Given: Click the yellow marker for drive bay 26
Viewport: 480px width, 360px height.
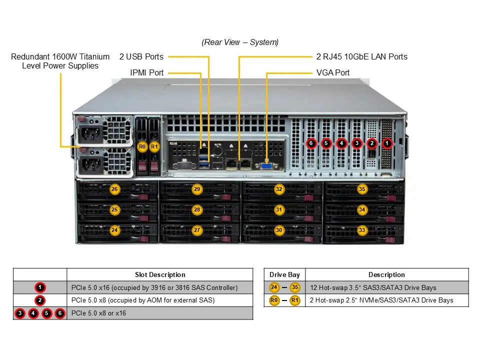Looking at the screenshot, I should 114,189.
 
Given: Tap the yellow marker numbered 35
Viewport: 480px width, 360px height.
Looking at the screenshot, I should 362,189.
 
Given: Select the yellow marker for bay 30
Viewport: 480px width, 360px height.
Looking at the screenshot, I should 279,230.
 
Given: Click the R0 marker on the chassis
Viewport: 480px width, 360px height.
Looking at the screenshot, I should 142,147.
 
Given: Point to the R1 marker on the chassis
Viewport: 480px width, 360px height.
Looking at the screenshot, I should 154,147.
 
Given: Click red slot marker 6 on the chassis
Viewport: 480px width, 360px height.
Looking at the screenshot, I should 311,143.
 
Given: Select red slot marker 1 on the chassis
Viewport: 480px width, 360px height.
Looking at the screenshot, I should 387,143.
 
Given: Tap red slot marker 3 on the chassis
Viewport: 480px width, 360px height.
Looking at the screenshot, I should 356,143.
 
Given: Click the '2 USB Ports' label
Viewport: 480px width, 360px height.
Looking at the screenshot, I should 141,56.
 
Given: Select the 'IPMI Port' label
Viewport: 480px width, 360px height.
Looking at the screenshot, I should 146,72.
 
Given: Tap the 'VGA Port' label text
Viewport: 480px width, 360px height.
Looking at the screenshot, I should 333,72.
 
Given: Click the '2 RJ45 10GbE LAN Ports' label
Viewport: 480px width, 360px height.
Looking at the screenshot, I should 361,56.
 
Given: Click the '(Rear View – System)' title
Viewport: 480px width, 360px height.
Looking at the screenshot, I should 240,42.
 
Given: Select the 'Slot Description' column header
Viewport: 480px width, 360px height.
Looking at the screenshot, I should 160,274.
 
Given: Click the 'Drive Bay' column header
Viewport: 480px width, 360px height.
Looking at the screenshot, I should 284,274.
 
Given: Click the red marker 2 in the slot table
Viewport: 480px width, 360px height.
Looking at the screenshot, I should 40,300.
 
